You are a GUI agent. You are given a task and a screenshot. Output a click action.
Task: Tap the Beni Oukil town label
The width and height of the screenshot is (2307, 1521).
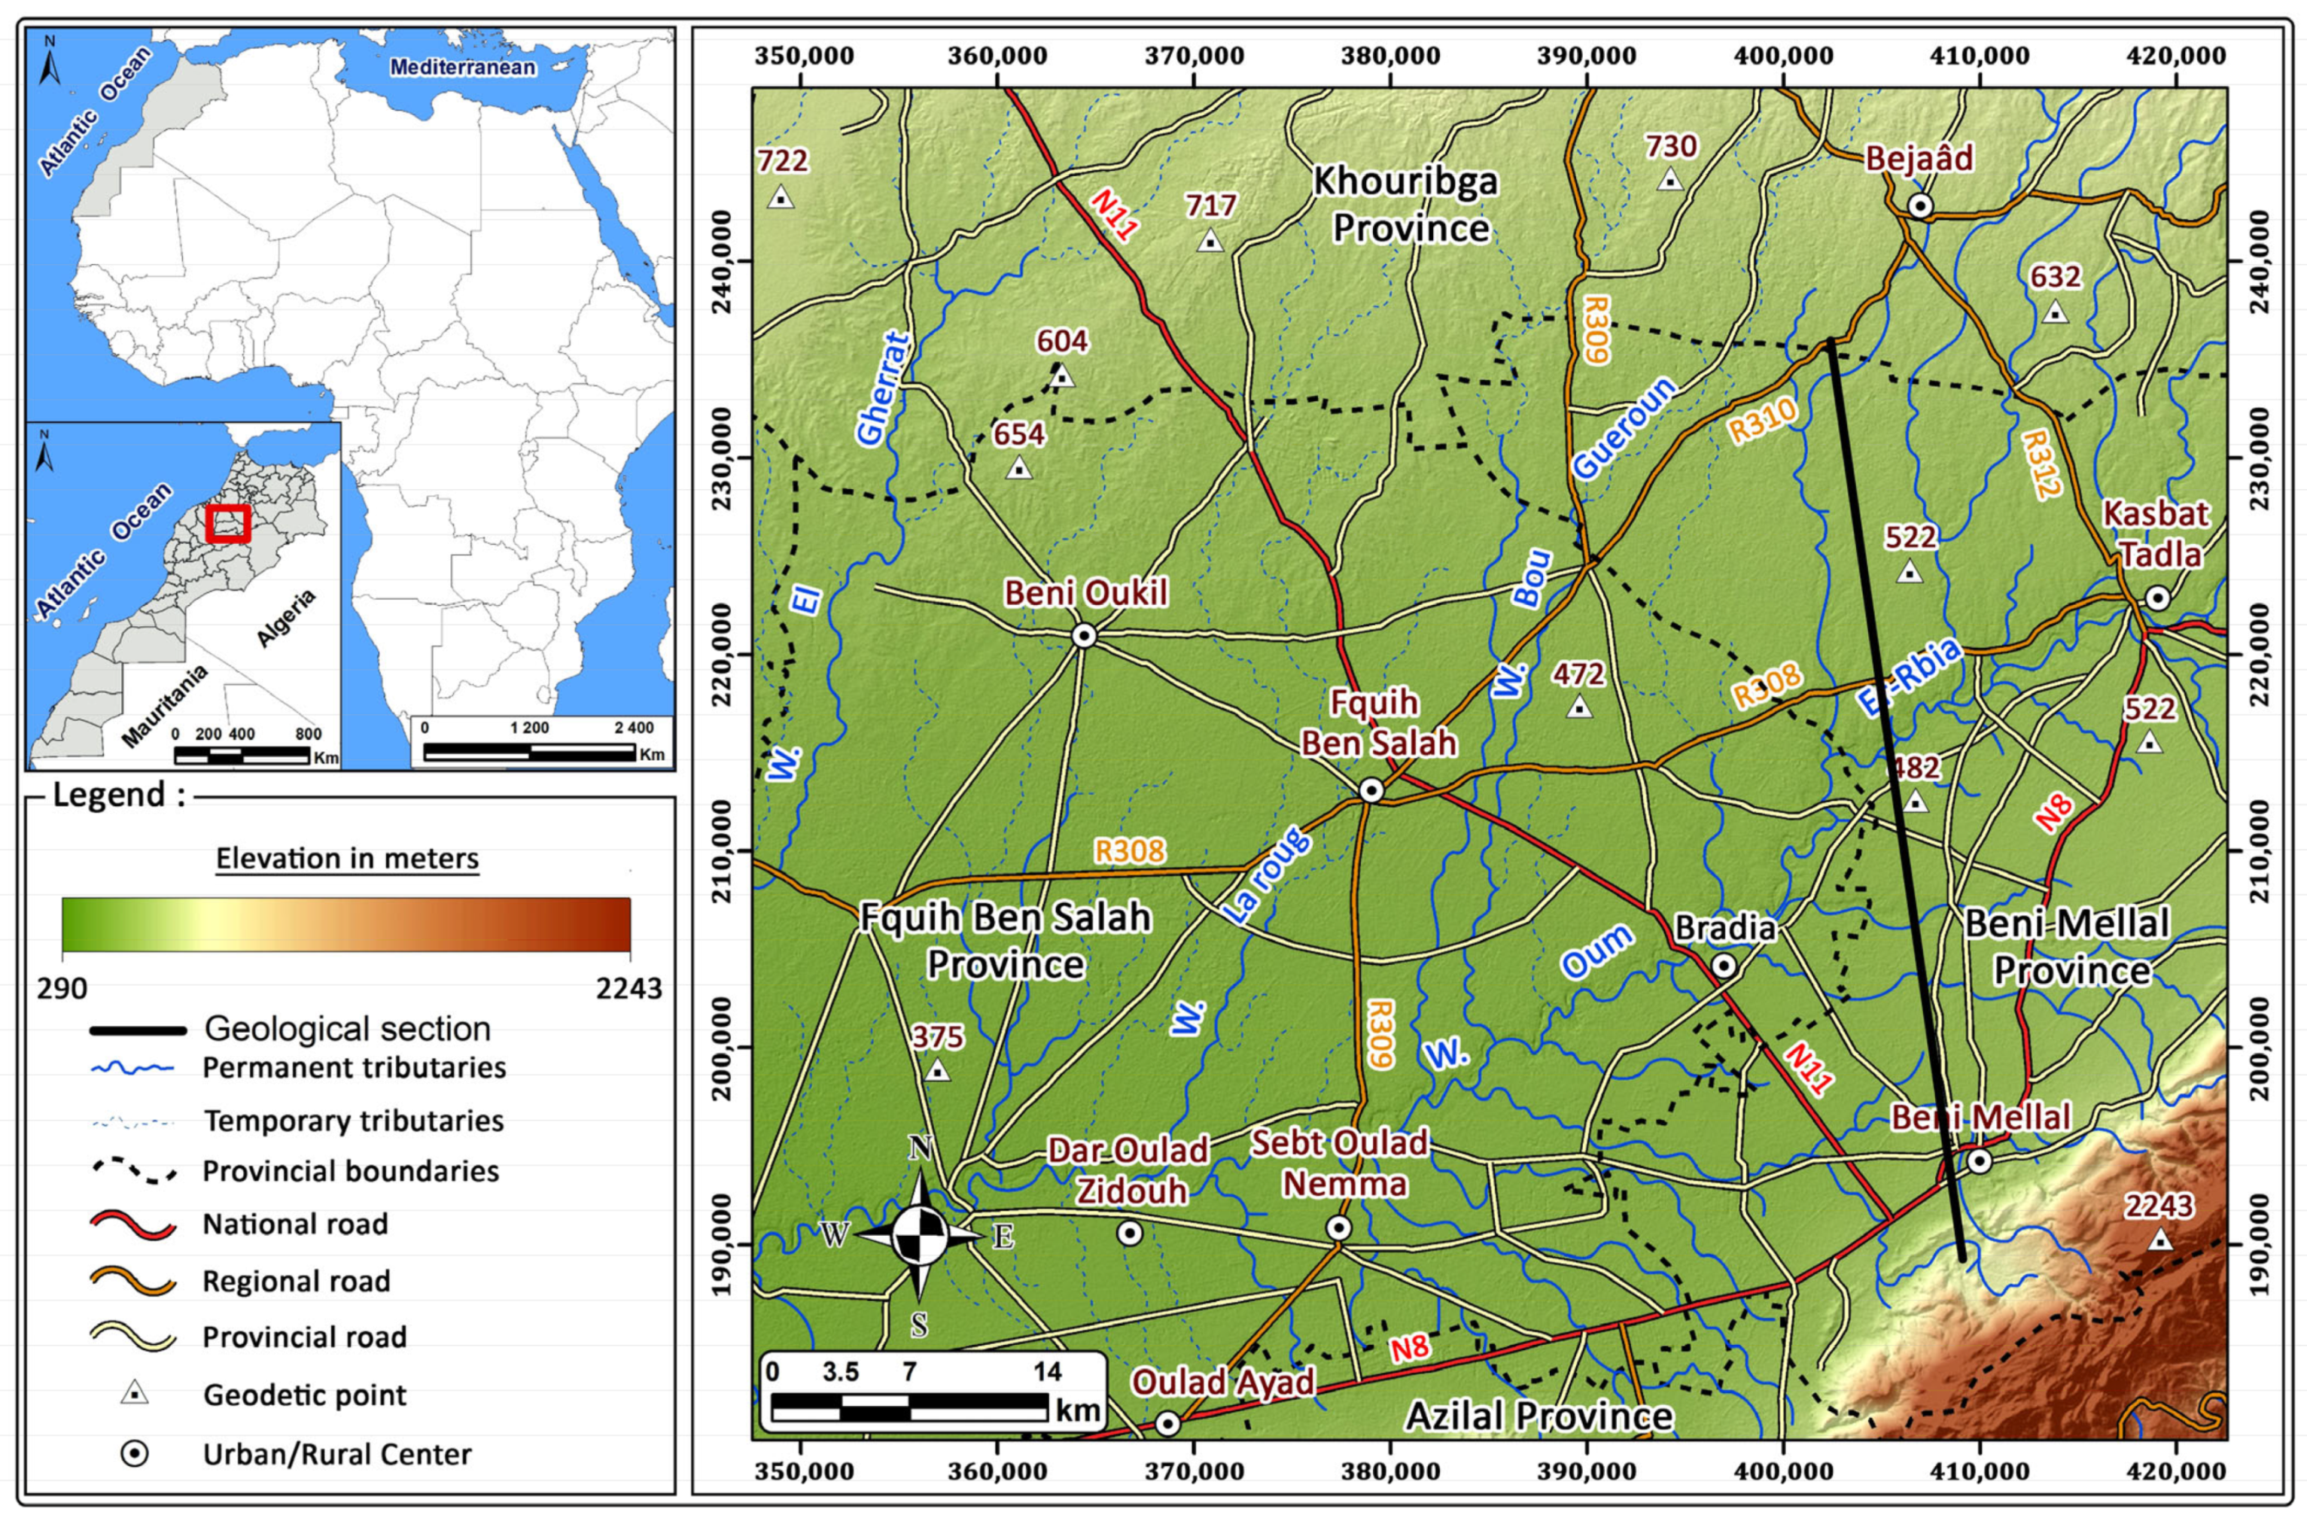pyautogui.click(x=1085, y=593)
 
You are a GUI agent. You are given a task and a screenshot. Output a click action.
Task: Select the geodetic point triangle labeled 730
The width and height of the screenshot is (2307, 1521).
pyautogui.click(x=1669, y=179)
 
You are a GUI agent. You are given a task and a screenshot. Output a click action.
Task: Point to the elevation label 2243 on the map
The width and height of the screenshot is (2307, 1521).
pyautogui.click(x=2158, y=1206)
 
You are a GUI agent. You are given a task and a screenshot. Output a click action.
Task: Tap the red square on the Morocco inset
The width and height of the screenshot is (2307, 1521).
pyautogui.click(x=229, y=524)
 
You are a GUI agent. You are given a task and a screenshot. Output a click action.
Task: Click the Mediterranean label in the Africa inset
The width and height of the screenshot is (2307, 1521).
pyautogui.click(x=462, y=67)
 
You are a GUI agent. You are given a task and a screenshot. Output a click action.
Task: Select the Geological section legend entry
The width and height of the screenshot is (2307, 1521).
pyautogui.click(x=346, y=1028)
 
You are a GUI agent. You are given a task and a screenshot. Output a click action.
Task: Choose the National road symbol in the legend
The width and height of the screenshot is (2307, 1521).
pyautogui.click(x=133, y=1225)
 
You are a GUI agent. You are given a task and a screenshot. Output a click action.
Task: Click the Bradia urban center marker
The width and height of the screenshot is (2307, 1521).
pyautogui.click(x=1723, y=965)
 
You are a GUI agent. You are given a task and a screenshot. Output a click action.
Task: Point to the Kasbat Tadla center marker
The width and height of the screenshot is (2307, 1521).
pyautogui.click(x=2156, y=598)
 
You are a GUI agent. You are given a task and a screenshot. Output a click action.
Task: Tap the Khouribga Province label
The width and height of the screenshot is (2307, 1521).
pyautogui.click(x=1407, y=205)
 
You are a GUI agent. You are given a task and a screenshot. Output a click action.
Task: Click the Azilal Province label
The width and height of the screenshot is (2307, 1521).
pyautogui.click(x=1539, y=1416)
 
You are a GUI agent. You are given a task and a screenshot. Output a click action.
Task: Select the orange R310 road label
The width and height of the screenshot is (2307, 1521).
pyautogui.click(x=1763, y=421)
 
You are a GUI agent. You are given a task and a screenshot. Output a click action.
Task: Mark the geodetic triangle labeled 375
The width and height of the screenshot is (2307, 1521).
pyautogui.click(x=937, y=1071)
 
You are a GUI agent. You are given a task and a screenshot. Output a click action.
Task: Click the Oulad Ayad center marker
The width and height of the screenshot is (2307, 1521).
pyautogui.click(x=1167, y=1423)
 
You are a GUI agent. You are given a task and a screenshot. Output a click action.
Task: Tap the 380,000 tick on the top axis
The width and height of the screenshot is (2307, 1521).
pyautogui.click(x=1389, y=55)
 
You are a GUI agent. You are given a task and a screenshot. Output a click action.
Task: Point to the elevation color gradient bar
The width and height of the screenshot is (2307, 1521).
pyautogui.click(x=346, y=924)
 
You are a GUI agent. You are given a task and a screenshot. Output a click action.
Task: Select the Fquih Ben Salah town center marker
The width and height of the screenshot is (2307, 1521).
pyautogui.click(x=1370, y=790)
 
